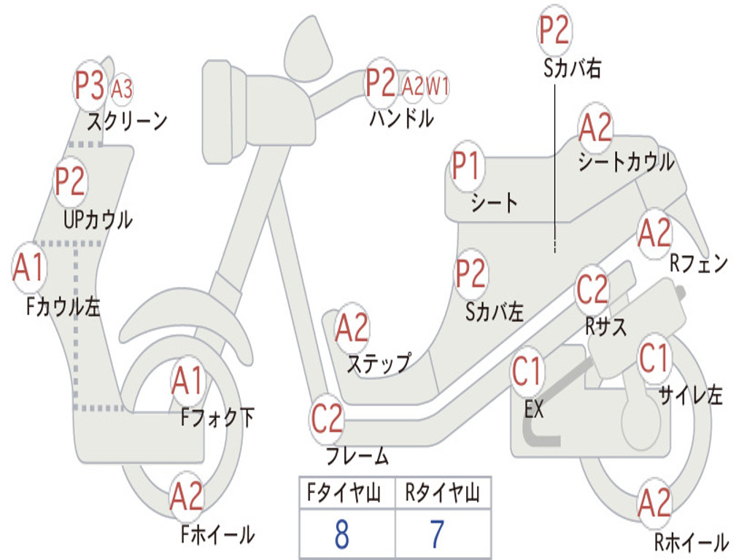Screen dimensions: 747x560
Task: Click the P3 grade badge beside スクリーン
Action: click(x=90, y=85)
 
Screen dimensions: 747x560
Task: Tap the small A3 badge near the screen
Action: click(x=122, y=88)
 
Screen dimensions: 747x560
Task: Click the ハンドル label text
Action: click(x=400, y=117)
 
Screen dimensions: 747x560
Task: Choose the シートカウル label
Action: click(x=626, y=163)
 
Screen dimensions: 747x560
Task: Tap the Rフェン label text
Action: click(x=699, y=262)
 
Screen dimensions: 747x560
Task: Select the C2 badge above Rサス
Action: click(x=592, y=289)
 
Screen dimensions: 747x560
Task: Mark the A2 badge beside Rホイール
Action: click(x=654, y=503)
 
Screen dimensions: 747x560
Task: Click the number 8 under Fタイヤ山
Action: click(x=341, y=535)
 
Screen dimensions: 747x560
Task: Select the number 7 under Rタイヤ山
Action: click(x=437, y=535)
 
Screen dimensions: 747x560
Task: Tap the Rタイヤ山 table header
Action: click(x=442, y=494)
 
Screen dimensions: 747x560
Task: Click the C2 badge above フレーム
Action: click(x=326, y=419)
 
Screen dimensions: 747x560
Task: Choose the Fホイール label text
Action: click(x=217, y=534)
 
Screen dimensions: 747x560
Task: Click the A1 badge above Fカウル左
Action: click(x=29, y=268)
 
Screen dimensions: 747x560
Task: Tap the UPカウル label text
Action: click(x=98, y=219)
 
